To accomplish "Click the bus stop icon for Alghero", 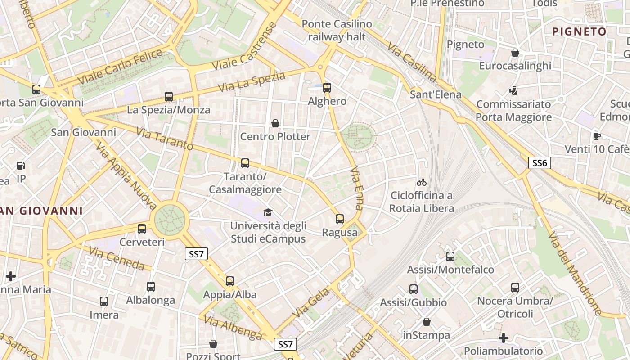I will coord(327,88).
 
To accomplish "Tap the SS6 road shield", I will coord(539,163).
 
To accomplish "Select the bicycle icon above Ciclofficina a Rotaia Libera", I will coord(422,182).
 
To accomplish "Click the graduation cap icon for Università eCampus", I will coord(268,212).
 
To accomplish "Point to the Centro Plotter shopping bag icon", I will coord(275,123).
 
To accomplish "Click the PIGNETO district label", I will coord(579,31).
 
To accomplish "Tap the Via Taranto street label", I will coord(164,139).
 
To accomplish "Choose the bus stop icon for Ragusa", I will coord(340,219).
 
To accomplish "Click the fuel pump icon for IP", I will coord(21,166).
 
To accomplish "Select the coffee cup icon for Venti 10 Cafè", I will coord(597,136).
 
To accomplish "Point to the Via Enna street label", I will coord(356,189).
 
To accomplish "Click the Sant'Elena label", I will coord(436,94).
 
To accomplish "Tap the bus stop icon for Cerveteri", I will coord(142,229).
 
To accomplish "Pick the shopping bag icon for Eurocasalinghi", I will coord(515,53).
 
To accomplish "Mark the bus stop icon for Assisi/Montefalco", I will coord(450,256).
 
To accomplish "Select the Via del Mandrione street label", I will coord(575,273).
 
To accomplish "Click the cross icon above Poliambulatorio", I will coord(504,337).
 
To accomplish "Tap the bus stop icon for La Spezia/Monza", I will coord(169,96).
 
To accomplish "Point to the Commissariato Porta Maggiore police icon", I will coord(513,91).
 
